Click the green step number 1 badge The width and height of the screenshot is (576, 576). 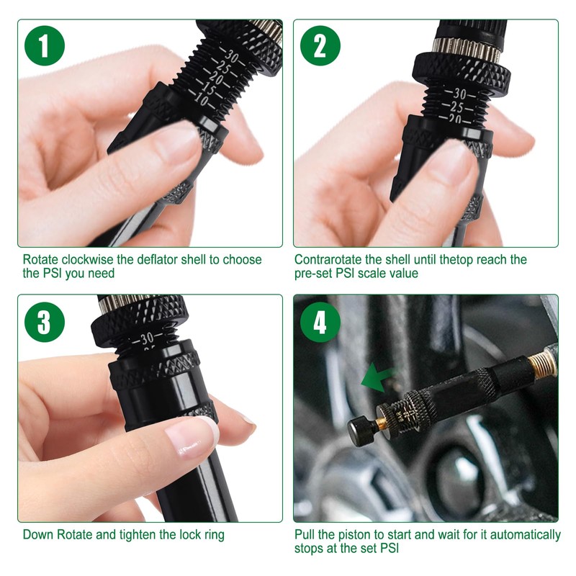point(45,45)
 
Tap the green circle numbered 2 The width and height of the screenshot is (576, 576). point(320,45)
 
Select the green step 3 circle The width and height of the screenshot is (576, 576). point(45,322)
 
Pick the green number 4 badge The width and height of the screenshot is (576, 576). point(320,322)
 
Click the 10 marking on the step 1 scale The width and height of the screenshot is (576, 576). point(201,99)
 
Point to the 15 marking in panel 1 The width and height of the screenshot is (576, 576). point(208,88)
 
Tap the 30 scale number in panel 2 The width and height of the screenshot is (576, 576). point(459,94)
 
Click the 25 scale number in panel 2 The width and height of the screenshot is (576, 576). point(456,107)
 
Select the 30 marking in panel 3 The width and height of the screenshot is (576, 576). point(148,338)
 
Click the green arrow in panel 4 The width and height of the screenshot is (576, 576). point(377,377)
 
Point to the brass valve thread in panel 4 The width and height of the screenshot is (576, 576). point(542,363)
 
